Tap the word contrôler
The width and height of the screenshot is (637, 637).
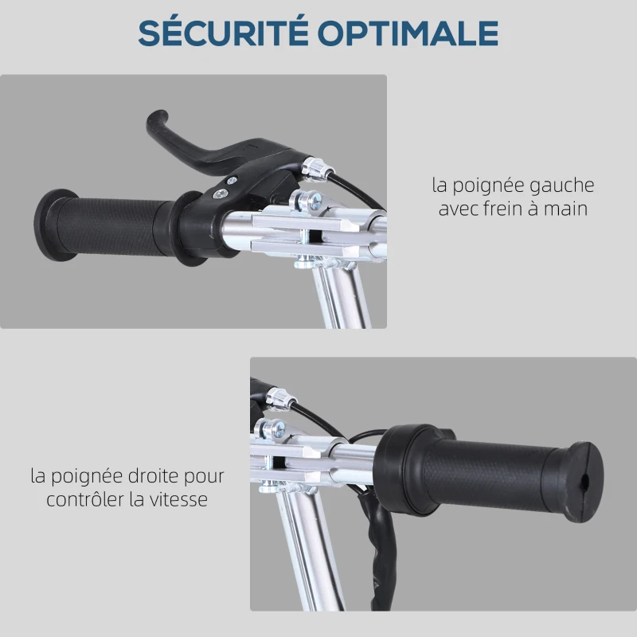click(x=86, y=500)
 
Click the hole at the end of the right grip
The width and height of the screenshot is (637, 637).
click(x=585, y=481)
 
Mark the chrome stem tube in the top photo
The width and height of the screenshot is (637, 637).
click(x=344, y=295)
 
